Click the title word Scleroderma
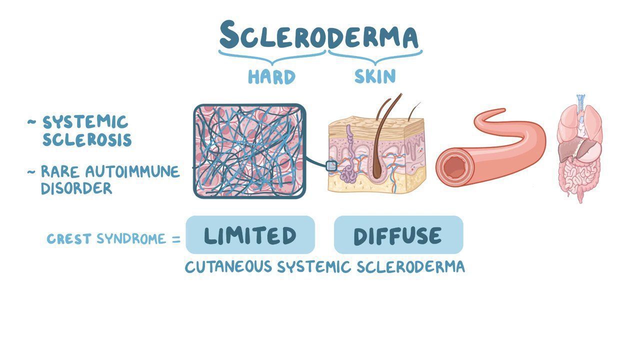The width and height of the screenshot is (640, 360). pyautogui.click(x=319, y=35)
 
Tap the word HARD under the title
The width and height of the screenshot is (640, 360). pyautogui.click(x=271, y=76)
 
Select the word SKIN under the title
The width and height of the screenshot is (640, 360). pyautogui.click(x=375, y=76)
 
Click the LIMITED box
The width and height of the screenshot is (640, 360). pyautogui.click(x=250, y=235)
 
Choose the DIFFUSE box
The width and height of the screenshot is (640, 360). pyautogui.click(x=398, y=235)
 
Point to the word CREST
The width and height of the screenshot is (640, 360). pyautogui.click(x=69, y=239)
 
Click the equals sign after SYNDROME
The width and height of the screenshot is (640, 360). pyautogui.click(x=176, y=239)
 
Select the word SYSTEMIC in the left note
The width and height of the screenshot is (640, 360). pyautogui.click(x=85, y=122)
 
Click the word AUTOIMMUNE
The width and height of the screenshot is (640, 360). pyautogui.click(x=132, y=171)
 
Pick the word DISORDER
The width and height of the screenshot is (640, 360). pyautogui.click(x=76, y=188)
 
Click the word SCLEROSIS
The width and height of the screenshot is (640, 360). pyautogui.click(x=87, y=139)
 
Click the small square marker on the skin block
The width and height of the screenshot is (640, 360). pyautogui.click(x=331, y=166)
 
